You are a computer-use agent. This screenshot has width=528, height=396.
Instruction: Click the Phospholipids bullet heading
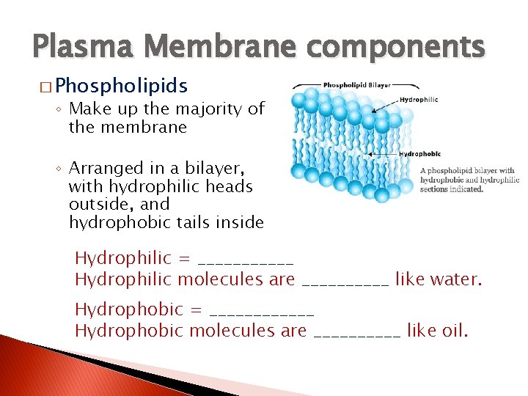[122, 86]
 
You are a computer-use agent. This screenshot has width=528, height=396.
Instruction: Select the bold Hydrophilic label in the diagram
[419, 100]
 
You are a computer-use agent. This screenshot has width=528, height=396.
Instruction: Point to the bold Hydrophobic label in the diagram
[419, 154]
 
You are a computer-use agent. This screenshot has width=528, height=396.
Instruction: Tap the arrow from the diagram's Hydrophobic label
[385, 155]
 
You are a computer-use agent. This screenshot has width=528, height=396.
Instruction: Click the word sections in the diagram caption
[433, 188]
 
